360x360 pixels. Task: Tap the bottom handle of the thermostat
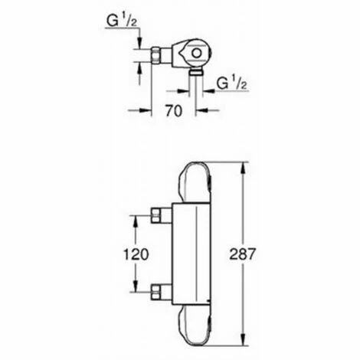196,327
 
